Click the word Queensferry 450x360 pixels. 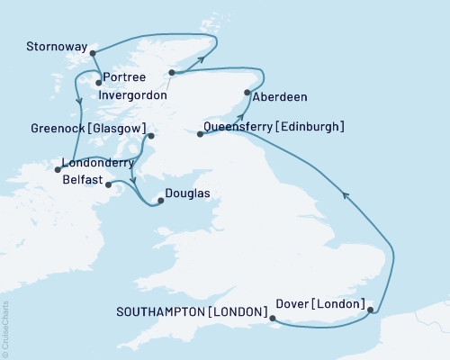coord(241,127)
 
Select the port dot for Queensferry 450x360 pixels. coord(200,135)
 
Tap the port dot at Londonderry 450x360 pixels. coord(58,169)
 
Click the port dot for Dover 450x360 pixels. coord(370,310)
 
